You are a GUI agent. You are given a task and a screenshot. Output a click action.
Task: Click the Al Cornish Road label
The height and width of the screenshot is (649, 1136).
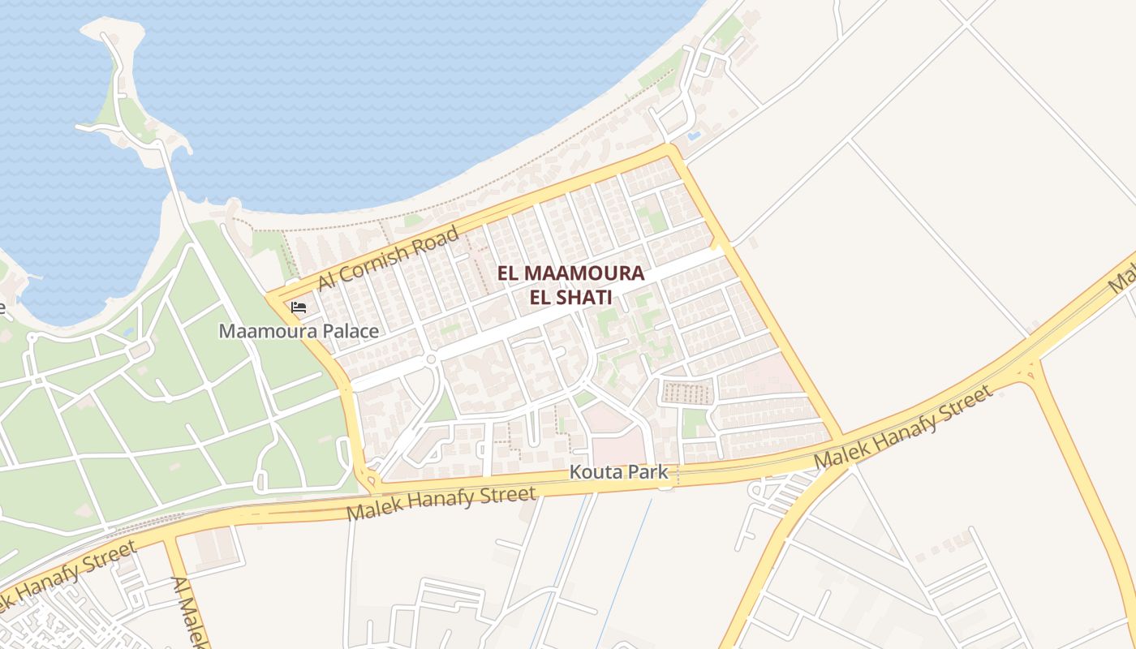coord(389,258)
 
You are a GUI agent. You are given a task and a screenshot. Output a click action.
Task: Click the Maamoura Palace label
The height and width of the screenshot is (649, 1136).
coord(299,331)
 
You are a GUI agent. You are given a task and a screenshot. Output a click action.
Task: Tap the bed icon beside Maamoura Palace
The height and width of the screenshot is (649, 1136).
coord(299,307)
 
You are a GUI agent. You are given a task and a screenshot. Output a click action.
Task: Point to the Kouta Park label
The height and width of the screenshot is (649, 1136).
coord(618,471)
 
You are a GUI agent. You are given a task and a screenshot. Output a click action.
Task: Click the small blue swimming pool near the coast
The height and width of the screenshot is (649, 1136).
coord(694,135)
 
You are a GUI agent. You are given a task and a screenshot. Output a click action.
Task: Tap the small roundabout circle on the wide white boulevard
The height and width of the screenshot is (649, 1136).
coord(431,359)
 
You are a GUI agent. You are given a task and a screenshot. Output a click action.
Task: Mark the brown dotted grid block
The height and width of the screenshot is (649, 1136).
coord(686,393)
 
